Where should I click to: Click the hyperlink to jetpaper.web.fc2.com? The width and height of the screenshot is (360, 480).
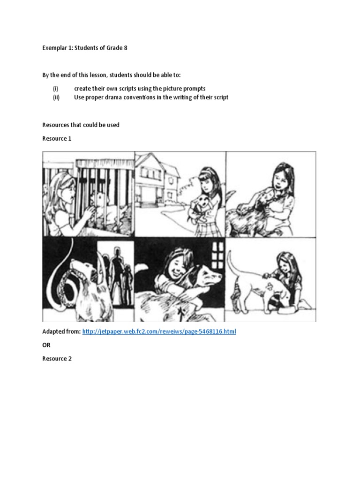pyautogui.click(x=159, y=331)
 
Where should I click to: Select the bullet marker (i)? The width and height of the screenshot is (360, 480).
pyautogui.click(x=55, y=89)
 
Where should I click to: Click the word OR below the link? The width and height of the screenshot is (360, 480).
pyautogui.click(x=46, y=345)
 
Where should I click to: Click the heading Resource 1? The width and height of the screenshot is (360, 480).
pyautogui.click(x=57, y=139)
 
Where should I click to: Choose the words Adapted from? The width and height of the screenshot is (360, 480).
pyautogui.click(x=61, y=331)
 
